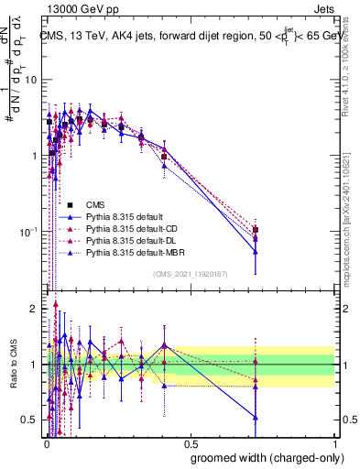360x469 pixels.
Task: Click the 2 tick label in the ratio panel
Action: [35, 309]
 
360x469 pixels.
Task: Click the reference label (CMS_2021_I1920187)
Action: [191, 274]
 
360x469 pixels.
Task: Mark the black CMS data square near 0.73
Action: [256, 230]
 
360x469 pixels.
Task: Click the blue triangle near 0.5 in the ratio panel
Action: [256, 418]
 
